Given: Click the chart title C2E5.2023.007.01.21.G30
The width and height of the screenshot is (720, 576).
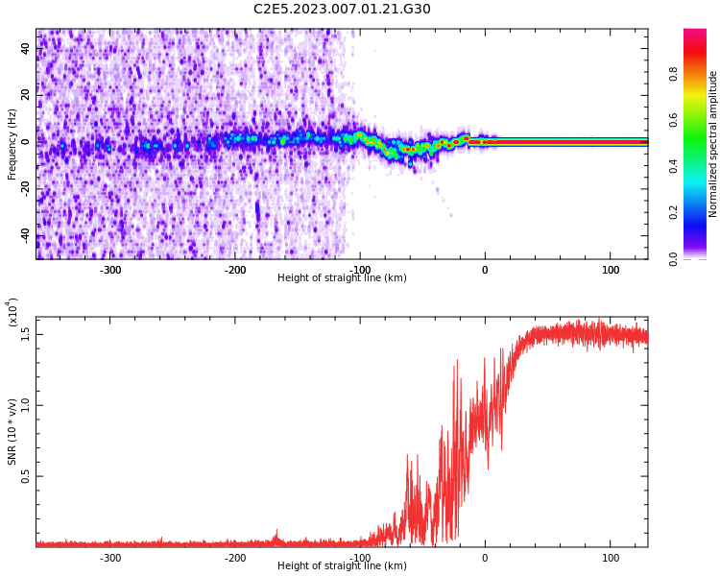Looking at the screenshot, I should (342, 10).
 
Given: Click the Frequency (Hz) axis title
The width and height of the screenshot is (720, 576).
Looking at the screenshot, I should (12, 144).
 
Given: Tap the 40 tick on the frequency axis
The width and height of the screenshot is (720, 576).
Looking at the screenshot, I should (26, 48).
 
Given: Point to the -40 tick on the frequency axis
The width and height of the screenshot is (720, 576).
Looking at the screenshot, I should (26, 235).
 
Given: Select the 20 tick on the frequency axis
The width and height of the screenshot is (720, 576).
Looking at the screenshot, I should (26, 95).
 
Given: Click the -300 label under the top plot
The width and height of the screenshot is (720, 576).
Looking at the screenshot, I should (109, 270).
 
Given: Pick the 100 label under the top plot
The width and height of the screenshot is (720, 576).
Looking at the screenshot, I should (611, 270).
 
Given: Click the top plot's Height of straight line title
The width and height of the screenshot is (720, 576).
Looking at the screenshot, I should (342, 278).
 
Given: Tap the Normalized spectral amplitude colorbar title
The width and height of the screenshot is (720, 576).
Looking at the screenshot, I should (713, 144).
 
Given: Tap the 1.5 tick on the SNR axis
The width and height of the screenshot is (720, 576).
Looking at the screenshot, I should (26, 334).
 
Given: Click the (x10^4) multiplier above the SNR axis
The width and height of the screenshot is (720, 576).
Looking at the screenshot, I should (12, 314).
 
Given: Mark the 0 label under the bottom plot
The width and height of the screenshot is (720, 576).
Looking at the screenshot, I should (485, 558).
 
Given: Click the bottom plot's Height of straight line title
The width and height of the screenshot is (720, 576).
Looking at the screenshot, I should (342, 566).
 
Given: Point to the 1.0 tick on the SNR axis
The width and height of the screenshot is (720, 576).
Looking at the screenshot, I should (26, 405).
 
